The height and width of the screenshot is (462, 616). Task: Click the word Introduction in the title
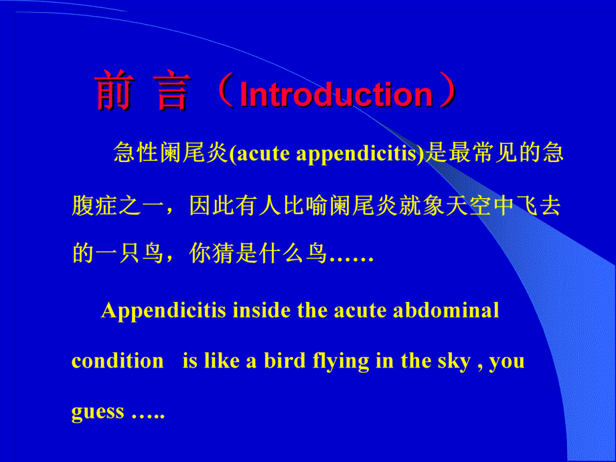336,94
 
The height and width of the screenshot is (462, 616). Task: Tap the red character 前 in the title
113,92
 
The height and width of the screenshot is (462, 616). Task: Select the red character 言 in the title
172,92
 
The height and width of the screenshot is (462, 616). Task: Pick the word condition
117,361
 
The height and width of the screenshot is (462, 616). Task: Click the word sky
454,361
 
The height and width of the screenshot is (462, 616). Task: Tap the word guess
98,412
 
